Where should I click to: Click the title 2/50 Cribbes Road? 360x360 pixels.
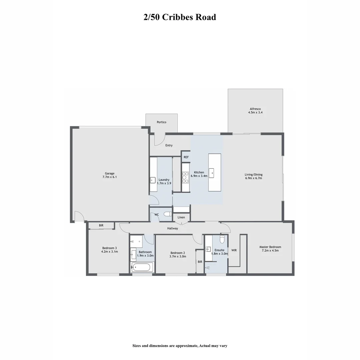[x=180, y=17]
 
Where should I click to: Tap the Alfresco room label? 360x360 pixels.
[x=255, y=109]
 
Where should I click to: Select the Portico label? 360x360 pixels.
[x=162, y=122]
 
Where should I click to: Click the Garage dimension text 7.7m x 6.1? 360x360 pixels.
[x=110, y=177]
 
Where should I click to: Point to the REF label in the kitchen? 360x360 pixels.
[x=186, y=157]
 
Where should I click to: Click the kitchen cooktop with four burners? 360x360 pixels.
[x=185, y=177]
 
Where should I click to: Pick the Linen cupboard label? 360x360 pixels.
[x=181, y=217]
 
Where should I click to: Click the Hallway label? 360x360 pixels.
[x=173, y=228]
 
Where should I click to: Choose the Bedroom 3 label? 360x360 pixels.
[x=109, y=248]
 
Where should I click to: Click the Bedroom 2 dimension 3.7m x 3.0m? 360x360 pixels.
[x=178, y=257]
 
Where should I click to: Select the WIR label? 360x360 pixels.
[x=234, y=250]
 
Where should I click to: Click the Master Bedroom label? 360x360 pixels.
[x=270, y=247]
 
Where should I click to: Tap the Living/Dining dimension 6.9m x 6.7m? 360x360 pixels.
[x=253, y=178]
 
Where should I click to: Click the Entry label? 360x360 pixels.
[x=169, y=145]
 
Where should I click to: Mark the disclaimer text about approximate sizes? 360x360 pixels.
[x=180, y=346]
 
